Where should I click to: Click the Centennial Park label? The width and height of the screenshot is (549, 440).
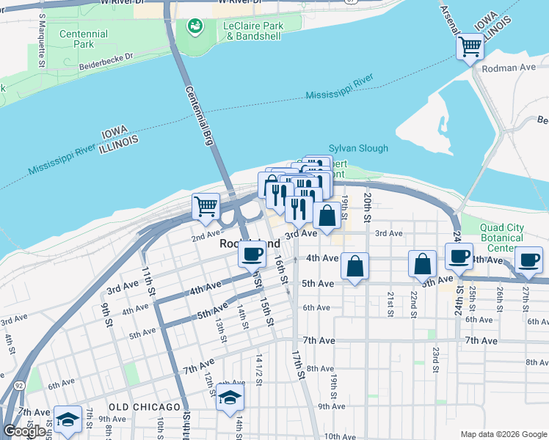[x=83, y=39]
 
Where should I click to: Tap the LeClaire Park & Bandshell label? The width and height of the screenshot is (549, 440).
[x=252, y=30]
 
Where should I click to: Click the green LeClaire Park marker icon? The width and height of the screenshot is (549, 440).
[x=195, y=27]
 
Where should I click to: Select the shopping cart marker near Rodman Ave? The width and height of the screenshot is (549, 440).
[x=470, y=48]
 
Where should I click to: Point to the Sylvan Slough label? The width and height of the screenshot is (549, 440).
[x=358, y=148]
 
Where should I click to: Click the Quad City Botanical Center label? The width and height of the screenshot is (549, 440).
[x=502, y=238]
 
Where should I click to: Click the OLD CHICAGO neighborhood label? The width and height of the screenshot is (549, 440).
[x=145, y=406]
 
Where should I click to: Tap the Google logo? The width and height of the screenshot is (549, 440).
[x=25, y=431]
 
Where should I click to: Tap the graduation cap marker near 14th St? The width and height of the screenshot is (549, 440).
[x=230, y=398]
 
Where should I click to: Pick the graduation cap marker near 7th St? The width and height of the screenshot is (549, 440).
[x=68, y=420]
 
